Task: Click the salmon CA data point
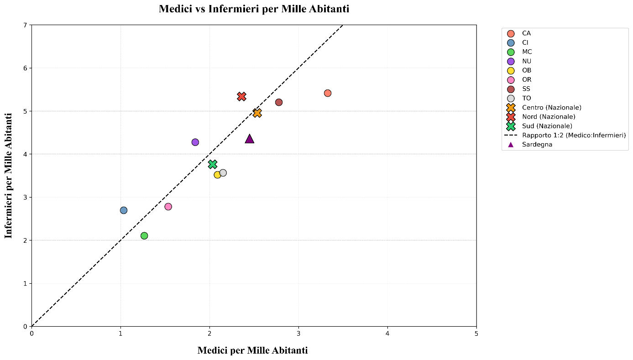[x=327, y=93]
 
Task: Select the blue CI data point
[x=124, y=210]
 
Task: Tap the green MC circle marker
[x=144, y=235]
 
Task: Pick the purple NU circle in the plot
[x=195, y=142]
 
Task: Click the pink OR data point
[x=168, y=207]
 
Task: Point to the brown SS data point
[x=279, y=102]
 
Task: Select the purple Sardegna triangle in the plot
[x=249, y=139]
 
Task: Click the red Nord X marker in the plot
[x=242, y=96]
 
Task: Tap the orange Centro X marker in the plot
[x=257, y=113]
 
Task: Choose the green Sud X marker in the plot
[x=212, y=164]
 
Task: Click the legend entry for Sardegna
[x=537, y=145]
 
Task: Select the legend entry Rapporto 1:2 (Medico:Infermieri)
[x=574, y=136]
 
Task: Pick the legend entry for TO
[x=526, y=98]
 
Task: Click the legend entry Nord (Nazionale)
[x=548, y=117]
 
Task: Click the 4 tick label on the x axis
[x=387, y=334]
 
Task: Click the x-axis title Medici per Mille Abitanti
[x=252, y=350]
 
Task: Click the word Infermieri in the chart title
[x=234, y=9]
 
